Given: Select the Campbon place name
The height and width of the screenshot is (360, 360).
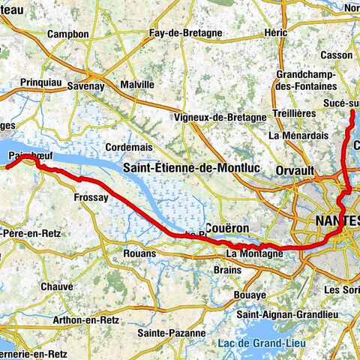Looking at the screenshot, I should [67, 34].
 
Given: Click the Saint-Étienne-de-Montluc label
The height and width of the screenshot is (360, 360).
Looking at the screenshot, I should [192, 169].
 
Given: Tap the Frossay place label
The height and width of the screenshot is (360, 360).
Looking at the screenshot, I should [91, 197].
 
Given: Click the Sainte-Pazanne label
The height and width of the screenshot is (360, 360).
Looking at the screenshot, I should [172, 331].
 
